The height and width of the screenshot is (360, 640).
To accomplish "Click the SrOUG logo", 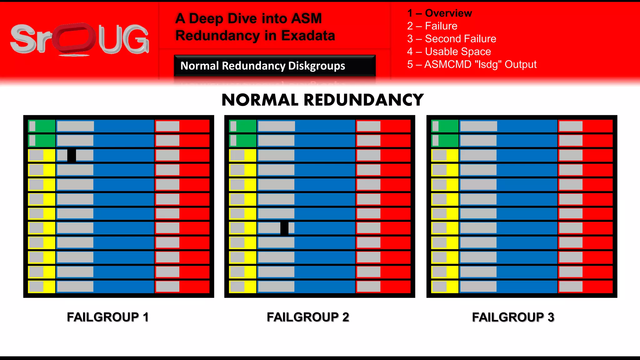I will (80, 40).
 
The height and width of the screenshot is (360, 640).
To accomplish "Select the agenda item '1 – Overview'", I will (439, 13).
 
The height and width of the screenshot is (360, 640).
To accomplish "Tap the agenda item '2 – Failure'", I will (432, 26).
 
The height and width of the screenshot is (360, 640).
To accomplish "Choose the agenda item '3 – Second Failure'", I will (452, 39).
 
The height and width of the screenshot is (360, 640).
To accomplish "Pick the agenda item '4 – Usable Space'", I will (449, 52).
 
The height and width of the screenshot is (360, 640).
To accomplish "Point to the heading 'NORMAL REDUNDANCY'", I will (322, 100).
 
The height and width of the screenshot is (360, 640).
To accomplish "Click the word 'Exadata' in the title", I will (308, 36).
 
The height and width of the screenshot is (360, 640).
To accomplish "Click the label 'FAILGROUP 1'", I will (107, 317).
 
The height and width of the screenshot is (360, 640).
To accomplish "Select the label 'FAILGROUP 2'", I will (308, 317).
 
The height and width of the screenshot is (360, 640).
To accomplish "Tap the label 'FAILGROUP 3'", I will (513, 317).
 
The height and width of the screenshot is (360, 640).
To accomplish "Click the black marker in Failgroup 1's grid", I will (72, 155).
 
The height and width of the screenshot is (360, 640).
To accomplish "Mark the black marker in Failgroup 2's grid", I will (284, 228).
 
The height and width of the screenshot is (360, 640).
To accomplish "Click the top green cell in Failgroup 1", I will (42, 126).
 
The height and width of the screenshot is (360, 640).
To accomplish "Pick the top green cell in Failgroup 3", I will (445, 126).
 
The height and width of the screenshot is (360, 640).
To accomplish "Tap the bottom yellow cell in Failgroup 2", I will (242, 287).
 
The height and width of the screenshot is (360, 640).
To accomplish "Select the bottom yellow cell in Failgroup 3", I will (445, 287).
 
